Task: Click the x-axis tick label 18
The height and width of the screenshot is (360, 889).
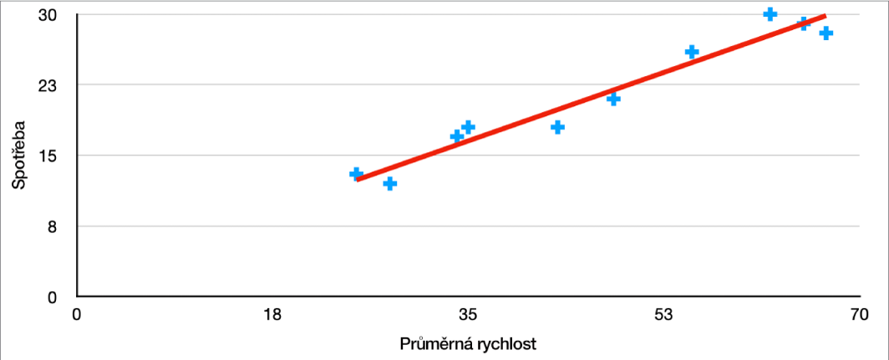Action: click(x=272, y=315)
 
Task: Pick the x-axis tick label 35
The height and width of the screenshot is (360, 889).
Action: click(x=468, y=315)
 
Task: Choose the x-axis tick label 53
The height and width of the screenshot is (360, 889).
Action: click(x=663, y=315)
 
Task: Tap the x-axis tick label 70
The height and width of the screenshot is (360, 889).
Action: click(x=859, y=315)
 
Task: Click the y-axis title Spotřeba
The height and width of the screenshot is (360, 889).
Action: click(x=18, y=155)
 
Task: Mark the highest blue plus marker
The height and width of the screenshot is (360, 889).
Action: click(x=770, y=14)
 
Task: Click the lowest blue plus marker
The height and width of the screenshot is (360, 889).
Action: click(x=389, y=183)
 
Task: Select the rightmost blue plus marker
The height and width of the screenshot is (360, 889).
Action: click(x=826, y=33)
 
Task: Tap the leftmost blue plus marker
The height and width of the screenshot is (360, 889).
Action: click(x=356, y=174)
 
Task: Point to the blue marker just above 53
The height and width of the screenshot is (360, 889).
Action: click(x=692, y=52)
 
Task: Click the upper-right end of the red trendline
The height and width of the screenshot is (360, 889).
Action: click(x=825, y=16)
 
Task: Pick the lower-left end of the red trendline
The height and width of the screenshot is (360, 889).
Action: click(x=358, y=179)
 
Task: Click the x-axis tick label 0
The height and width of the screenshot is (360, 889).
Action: click(x=77, y=315)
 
